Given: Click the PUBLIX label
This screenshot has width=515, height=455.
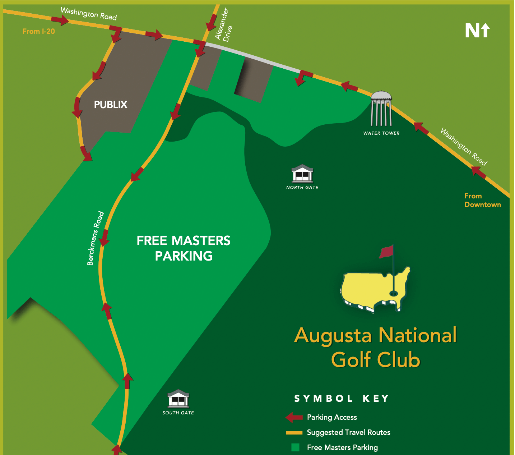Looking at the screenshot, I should pos(111,105).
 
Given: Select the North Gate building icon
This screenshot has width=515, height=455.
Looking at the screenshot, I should pos(302,174).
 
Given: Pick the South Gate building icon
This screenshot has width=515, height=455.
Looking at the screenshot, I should pos(178,399).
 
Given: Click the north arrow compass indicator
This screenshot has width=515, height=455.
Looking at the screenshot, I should pos(477,31).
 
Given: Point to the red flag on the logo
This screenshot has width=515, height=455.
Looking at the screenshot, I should pos(386,252).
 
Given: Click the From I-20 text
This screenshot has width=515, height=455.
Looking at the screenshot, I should pos(38,31).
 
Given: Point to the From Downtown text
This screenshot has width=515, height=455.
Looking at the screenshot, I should pos(482,200).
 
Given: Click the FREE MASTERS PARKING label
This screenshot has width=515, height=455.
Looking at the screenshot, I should pos(184,248).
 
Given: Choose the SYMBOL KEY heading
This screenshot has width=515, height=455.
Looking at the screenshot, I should pos(341,399).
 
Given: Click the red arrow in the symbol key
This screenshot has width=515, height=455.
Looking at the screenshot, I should pos(294,417).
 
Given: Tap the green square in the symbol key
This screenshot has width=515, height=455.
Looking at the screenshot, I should pos(295,447).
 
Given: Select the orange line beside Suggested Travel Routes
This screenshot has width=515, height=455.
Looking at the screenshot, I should pos(294,432).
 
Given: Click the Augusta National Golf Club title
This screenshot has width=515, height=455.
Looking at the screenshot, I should pos(375,347).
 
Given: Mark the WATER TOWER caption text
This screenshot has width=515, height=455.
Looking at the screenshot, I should pos(381,133).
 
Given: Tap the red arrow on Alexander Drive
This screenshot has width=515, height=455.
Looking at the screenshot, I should pos(212,23).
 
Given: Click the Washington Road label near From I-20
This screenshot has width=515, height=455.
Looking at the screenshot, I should pos(89,14).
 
